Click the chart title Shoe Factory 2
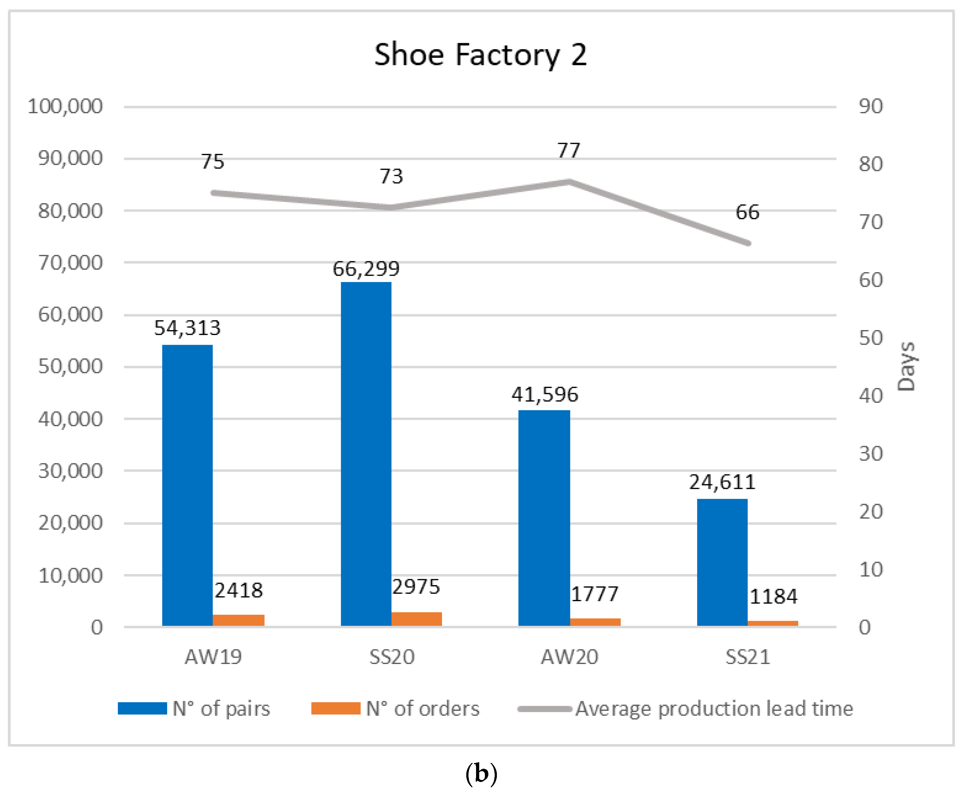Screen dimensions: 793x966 click(x=480, y=55)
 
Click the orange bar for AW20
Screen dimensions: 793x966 click(x=595, y=622)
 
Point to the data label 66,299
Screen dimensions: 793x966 click(x=366, y=269)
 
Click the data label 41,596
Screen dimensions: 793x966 click(x=545, y=394)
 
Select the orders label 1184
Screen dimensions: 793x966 click(x=773, y=596)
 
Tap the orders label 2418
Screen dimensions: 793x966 click(x=239, y=590)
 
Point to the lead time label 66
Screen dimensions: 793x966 click(x=747, y=212)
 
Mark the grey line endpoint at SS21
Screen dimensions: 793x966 click(x=748, y=243)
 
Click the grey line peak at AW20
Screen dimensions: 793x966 click(x=569, y=182)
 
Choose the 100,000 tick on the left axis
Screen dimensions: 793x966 click(x=65, y=106)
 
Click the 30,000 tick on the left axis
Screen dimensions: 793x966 click(x=70, y=471)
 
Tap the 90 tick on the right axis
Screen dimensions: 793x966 click(x=870, y=106)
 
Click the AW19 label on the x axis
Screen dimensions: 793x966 click(x=213, y=657)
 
